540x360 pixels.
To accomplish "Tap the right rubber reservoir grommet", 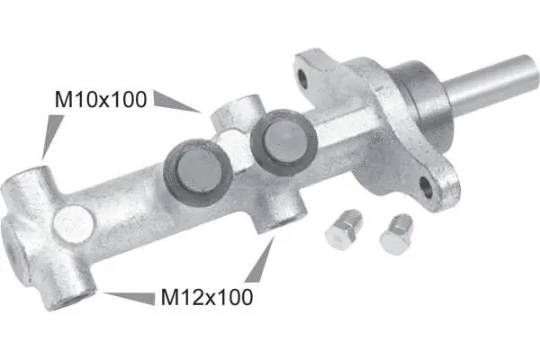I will (x=283, y=142).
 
